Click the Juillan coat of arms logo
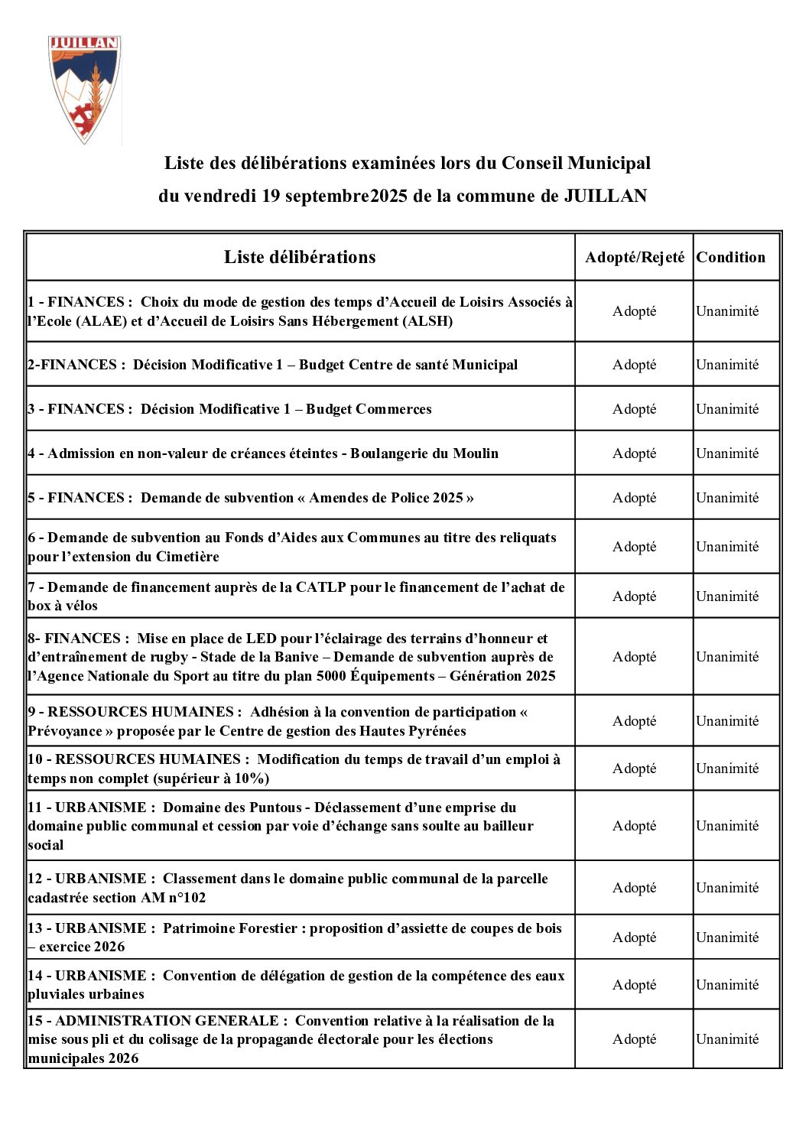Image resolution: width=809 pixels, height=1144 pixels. (x=84, y=88)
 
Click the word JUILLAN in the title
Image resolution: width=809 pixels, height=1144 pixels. (x=605, y=196)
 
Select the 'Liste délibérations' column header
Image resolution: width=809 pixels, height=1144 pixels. (x=300, y=257)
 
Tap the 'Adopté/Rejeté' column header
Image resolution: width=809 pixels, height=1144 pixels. (x=635, y=258)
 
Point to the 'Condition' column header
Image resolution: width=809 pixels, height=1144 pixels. (x=730, y=258)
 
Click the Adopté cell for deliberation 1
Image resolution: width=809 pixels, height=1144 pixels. (x=635, y=311)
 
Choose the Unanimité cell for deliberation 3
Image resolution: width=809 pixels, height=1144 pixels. (x=727, y=409)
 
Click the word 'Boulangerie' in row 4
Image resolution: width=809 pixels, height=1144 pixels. (x=389, y=453)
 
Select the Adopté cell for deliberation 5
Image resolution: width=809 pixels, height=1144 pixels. (x=635, y=498)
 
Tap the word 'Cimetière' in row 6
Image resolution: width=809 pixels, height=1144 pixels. (x=187, y=557)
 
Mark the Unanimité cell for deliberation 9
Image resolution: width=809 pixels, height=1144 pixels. (x=727, y=721)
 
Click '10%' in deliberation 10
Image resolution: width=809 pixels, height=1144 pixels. (x=250, y=778)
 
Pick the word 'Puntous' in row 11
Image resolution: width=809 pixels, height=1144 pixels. (x=276, y=808)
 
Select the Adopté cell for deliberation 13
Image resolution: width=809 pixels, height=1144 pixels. (x=635, y=938)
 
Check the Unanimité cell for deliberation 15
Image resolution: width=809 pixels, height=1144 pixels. (x=727, y=1039)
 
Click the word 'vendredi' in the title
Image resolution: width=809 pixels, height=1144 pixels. (x=220, y=196)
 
